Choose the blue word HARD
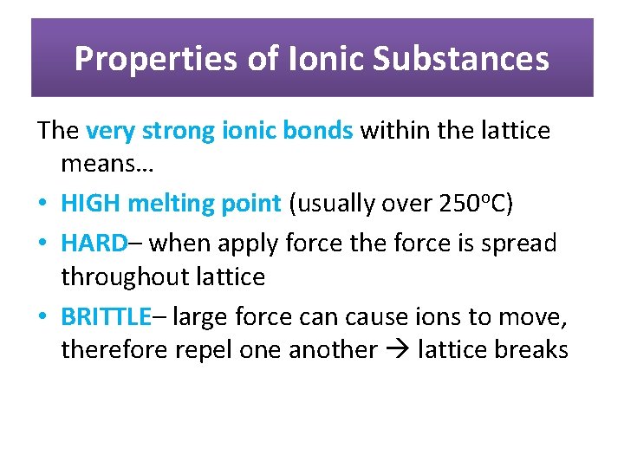(94, 243)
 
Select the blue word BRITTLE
(106, 316)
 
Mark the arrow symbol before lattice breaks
(397, 351)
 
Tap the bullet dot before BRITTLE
(44, 317)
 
